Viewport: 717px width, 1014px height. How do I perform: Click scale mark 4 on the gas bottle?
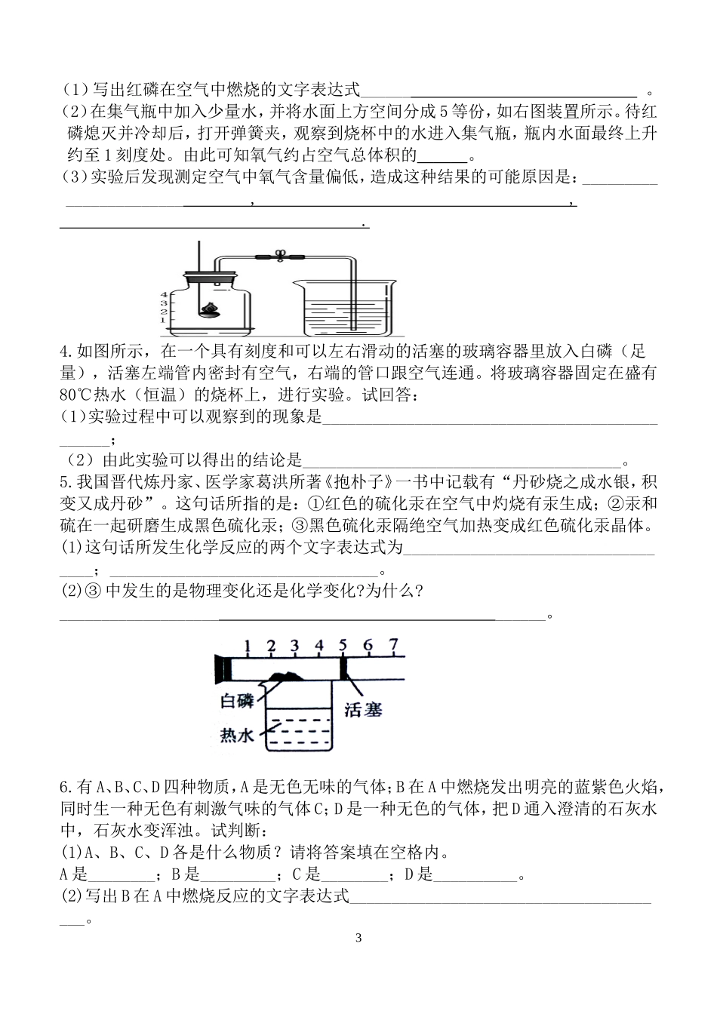click(164, 295)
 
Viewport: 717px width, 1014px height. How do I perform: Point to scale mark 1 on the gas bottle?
click(164, 320)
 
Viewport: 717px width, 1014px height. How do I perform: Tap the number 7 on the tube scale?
click(392, 645)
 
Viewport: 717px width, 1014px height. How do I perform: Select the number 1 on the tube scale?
click(247, 646)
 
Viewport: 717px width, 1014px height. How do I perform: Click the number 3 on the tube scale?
click(295, 646)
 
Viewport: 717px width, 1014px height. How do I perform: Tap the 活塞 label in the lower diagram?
click(362, 708)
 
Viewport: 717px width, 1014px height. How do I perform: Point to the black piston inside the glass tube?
click(344, 667)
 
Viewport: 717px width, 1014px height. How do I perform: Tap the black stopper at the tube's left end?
click(223, 668)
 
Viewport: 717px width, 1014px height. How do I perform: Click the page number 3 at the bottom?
click(358, 939)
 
